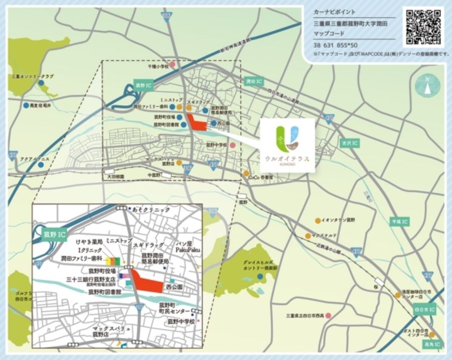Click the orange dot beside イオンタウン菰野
click(x=317, y=220)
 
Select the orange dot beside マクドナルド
click(x=307, y=235)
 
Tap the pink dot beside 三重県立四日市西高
click(x=328, y=315)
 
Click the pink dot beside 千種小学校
click(x=172, y=65)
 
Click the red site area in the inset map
click(x=146, y=284)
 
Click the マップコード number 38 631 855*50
click(x=335, y=44)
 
